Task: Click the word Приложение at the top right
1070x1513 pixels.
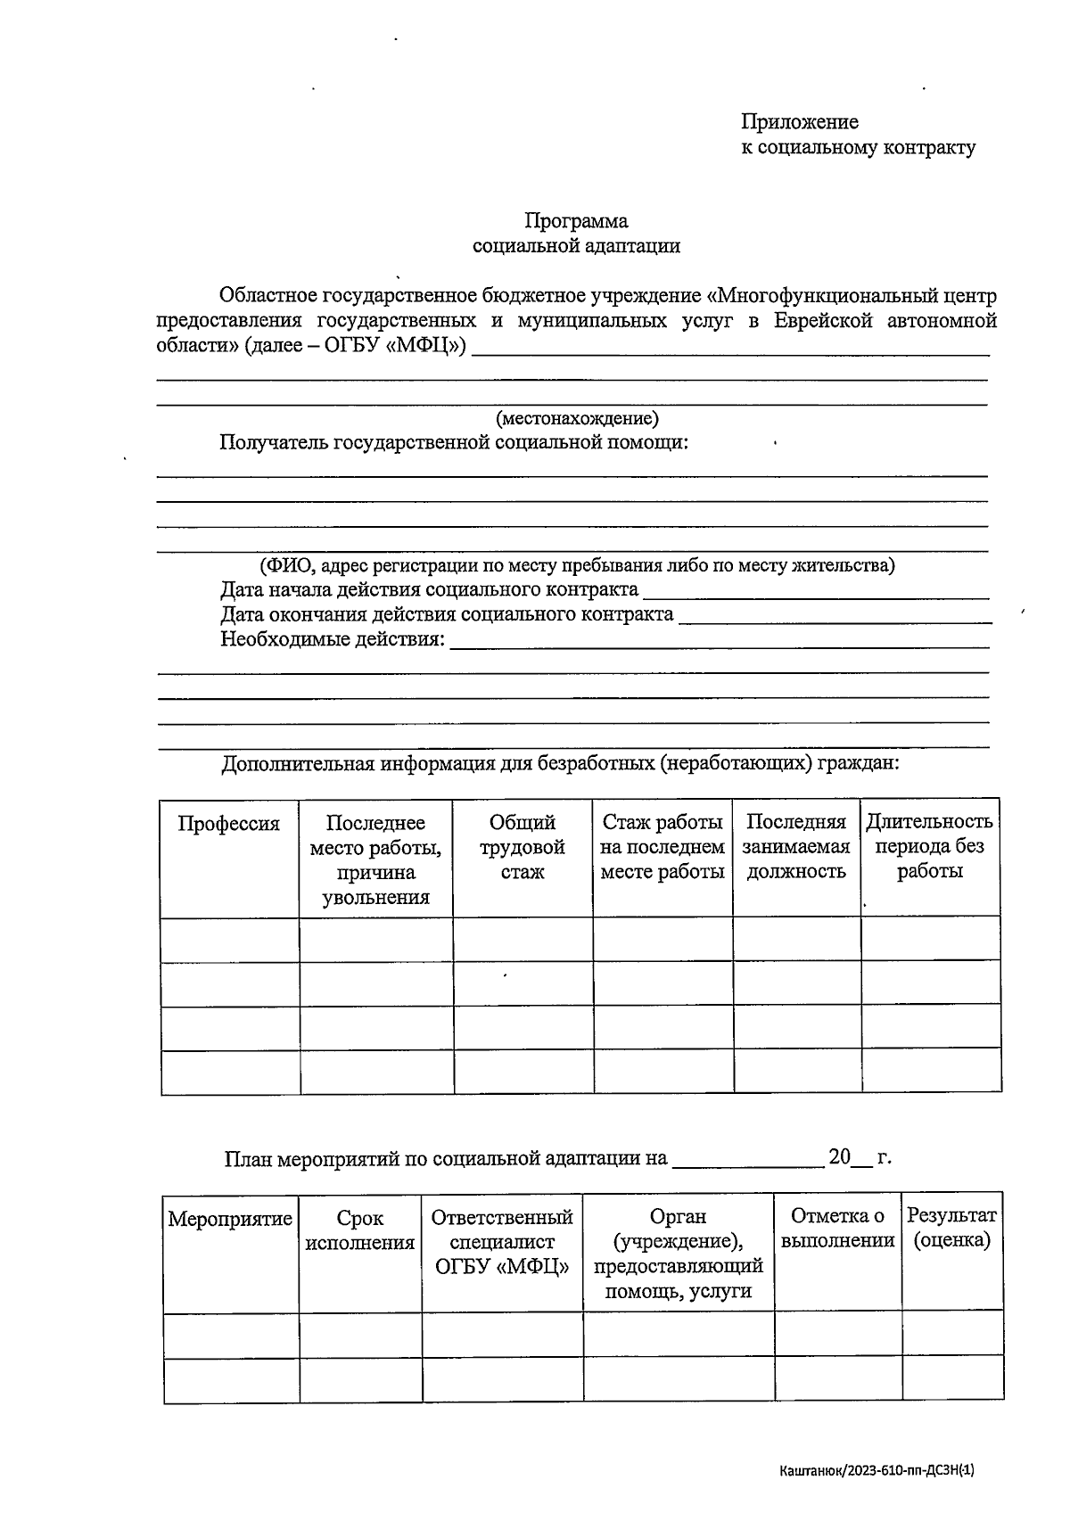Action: pos(799,122)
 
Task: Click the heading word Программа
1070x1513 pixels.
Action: pos(576,220)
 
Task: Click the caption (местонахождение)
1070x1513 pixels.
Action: pos(577,418)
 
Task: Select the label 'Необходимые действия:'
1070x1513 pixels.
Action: pos(333,639)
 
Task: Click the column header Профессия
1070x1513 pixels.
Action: pos(229,824)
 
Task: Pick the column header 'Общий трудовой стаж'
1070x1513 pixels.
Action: pos(523,847)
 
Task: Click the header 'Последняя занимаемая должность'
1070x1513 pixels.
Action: pos(796,847)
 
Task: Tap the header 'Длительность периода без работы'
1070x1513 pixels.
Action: pos(929,846)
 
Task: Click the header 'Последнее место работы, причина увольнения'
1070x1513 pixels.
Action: pos(375,859)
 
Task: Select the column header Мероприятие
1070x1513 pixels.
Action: pos(230,1219)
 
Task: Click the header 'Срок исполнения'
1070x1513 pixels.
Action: pos(360,1230)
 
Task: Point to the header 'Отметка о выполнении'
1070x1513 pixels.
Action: pos(837,1229)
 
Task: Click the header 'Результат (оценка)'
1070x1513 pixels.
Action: pos(951,1228)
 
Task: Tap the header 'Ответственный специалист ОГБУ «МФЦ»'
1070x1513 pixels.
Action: pos(502,1241)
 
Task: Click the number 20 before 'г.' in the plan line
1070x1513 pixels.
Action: pos(839,1157)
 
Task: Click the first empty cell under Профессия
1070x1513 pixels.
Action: pos(230,940)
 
